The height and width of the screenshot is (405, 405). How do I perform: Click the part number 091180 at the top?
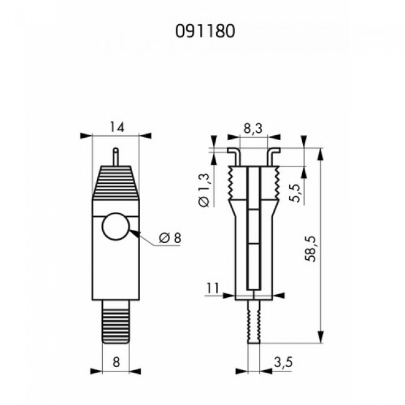coord(205,31)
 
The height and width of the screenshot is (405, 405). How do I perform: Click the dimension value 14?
coord(117,127)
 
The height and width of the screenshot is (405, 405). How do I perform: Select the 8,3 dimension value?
coord(253,128)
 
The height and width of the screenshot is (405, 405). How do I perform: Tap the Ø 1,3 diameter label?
coord(204,190)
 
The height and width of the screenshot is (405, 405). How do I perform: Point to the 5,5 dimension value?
coord(295,193)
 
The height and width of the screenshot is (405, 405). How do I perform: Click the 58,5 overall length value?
coord(310,249)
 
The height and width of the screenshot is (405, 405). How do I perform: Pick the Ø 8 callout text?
coord(170,237)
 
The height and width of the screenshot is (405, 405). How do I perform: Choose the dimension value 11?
coord(212,288)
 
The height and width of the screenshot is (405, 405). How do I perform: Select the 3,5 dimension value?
coord(283,362)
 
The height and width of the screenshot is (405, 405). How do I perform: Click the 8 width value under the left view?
coord(117,362)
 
